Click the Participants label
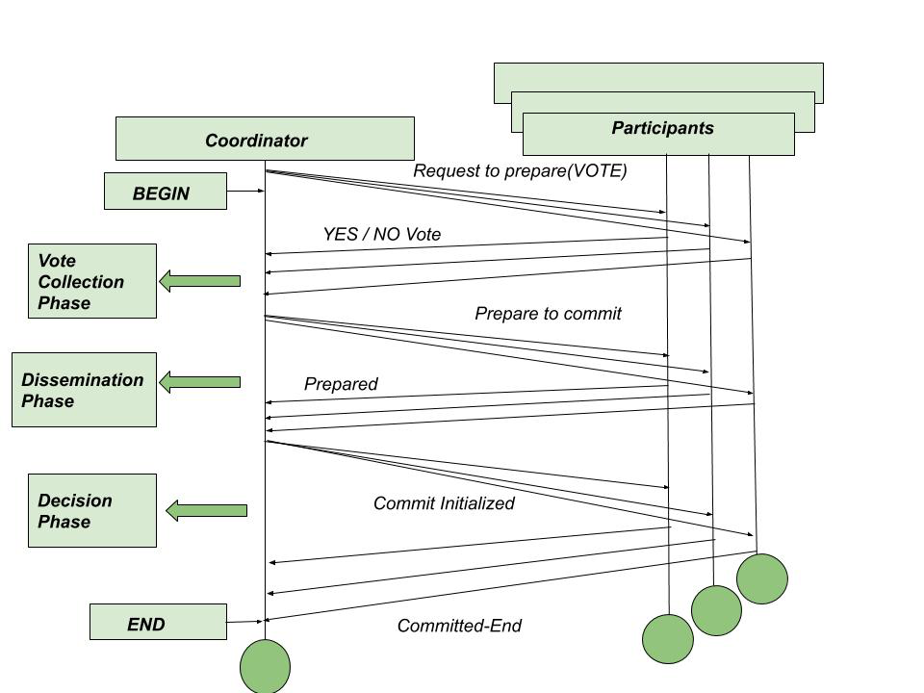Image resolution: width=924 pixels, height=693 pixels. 662,128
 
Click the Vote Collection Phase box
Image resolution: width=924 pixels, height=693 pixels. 92,281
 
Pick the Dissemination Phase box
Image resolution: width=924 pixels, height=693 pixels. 84,390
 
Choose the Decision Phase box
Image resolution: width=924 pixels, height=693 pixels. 92,510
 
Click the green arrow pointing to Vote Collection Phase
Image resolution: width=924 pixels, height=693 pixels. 199,281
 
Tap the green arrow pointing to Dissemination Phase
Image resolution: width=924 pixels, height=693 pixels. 199,382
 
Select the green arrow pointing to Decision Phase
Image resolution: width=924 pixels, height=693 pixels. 206,510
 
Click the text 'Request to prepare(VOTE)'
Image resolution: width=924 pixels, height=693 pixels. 520,171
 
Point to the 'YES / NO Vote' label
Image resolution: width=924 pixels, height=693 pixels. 381,234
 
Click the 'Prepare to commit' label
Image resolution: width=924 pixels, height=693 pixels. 548,314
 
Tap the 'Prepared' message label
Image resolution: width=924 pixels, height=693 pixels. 341,384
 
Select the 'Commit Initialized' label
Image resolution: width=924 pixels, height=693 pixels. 444,503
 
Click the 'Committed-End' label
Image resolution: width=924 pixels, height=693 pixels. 459,627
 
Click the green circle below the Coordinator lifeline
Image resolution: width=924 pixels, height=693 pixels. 265,666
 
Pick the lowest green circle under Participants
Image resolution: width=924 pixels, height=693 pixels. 668,639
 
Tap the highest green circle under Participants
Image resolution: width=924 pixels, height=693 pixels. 762,578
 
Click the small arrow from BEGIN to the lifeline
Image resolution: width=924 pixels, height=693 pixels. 245,192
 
